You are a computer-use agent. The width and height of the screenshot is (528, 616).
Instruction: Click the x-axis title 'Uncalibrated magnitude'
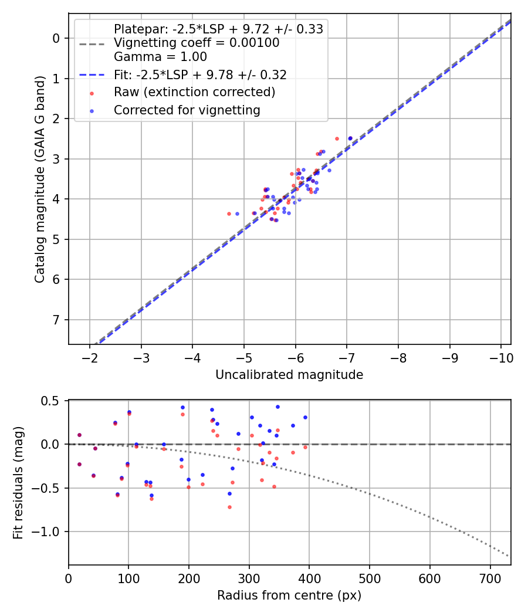click(x=289, y=375)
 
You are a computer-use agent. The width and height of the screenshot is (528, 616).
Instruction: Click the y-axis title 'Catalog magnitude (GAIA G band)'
click(x=40, y=179)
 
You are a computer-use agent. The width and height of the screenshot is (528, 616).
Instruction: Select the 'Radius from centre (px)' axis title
click(x=289, y=595)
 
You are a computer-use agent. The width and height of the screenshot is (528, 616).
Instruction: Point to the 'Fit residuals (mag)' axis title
click(x=18, y=482)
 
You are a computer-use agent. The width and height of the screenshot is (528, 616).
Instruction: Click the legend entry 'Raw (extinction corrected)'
click(x=194, y=92)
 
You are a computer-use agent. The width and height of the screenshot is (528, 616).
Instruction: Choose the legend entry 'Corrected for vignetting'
click(x=187, y=110)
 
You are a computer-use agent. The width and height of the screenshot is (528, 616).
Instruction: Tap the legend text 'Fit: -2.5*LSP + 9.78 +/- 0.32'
click(x=199, y=75)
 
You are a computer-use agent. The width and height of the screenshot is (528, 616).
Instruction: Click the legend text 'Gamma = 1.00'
click(x=160, y=57)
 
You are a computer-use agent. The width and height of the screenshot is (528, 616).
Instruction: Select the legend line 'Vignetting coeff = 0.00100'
click(x=197, y=43)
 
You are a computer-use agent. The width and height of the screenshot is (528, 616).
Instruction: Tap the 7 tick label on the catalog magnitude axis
click(x=57, y=320)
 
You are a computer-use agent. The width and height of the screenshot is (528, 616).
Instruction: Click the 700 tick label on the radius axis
click(x=429, y=578)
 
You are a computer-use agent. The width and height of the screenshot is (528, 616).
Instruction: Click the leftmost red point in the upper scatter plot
click(x=229, y=214)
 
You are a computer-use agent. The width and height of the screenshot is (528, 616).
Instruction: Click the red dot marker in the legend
click(x=91, y=93)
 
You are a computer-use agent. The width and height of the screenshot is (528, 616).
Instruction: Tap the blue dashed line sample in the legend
click(x=91, y=75)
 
